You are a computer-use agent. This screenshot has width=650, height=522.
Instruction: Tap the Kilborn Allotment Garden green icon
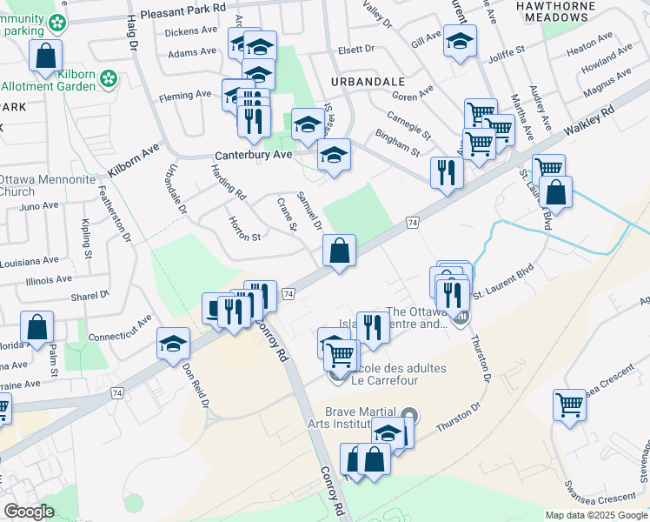click(109, 79)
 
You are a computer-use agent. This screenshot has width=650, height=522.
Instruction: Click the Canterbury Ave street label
click(254, 156)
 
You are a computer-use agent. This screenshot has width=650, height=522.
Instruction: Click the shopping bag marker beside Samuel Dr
click(341, 251)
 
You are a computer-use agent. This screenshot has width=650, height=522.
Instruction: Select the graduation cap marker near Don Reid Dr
click(173, 345)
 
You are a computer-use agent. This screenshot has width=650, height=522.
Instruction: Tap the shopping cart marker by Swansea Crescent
click(569, 404)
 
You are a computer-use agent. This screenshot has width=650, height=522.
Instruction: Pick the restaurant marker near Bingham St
click(447, 171)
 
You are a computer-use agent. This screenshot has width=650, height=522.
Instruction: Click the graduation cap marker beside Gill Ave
click(460, 40)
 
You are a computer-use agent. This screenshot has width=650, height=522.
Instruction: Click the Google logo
click(29, 512)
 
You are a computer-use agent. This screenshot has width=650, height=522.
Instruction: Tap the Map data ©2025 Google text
click(596, 515)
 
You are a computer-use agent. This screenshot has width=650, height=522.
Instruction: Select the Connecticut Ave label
click(122, 321)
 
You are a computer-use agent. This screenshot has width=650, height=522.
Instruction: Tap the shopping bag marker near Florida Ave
click(37, 329)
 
